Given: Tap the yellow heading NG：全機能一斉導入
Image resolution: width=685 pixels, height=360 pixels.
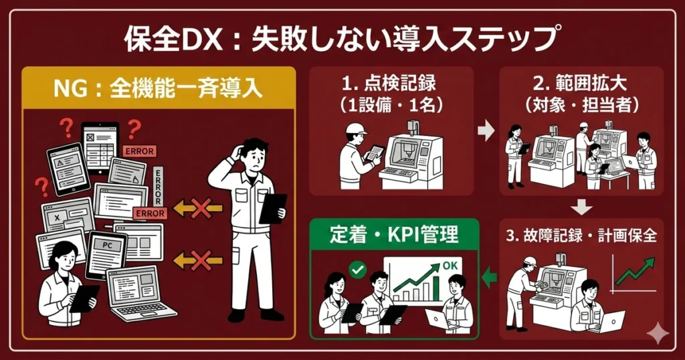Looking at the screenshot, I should (x=158, y=88).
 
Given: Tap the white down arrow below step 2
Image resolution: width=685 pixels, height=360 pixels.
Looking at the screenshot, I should (x=582, y=206).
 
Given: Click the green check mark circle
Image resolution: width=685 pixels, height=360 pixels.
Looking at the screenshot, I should (x=358, y=270).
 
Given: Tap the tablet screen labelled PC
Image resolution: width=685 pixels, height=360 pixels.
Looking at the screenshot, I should (x=106, y=254).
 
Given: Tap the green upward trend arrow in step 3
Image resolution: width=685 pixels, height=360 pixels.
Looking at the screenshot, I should (x=635, y=270).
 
